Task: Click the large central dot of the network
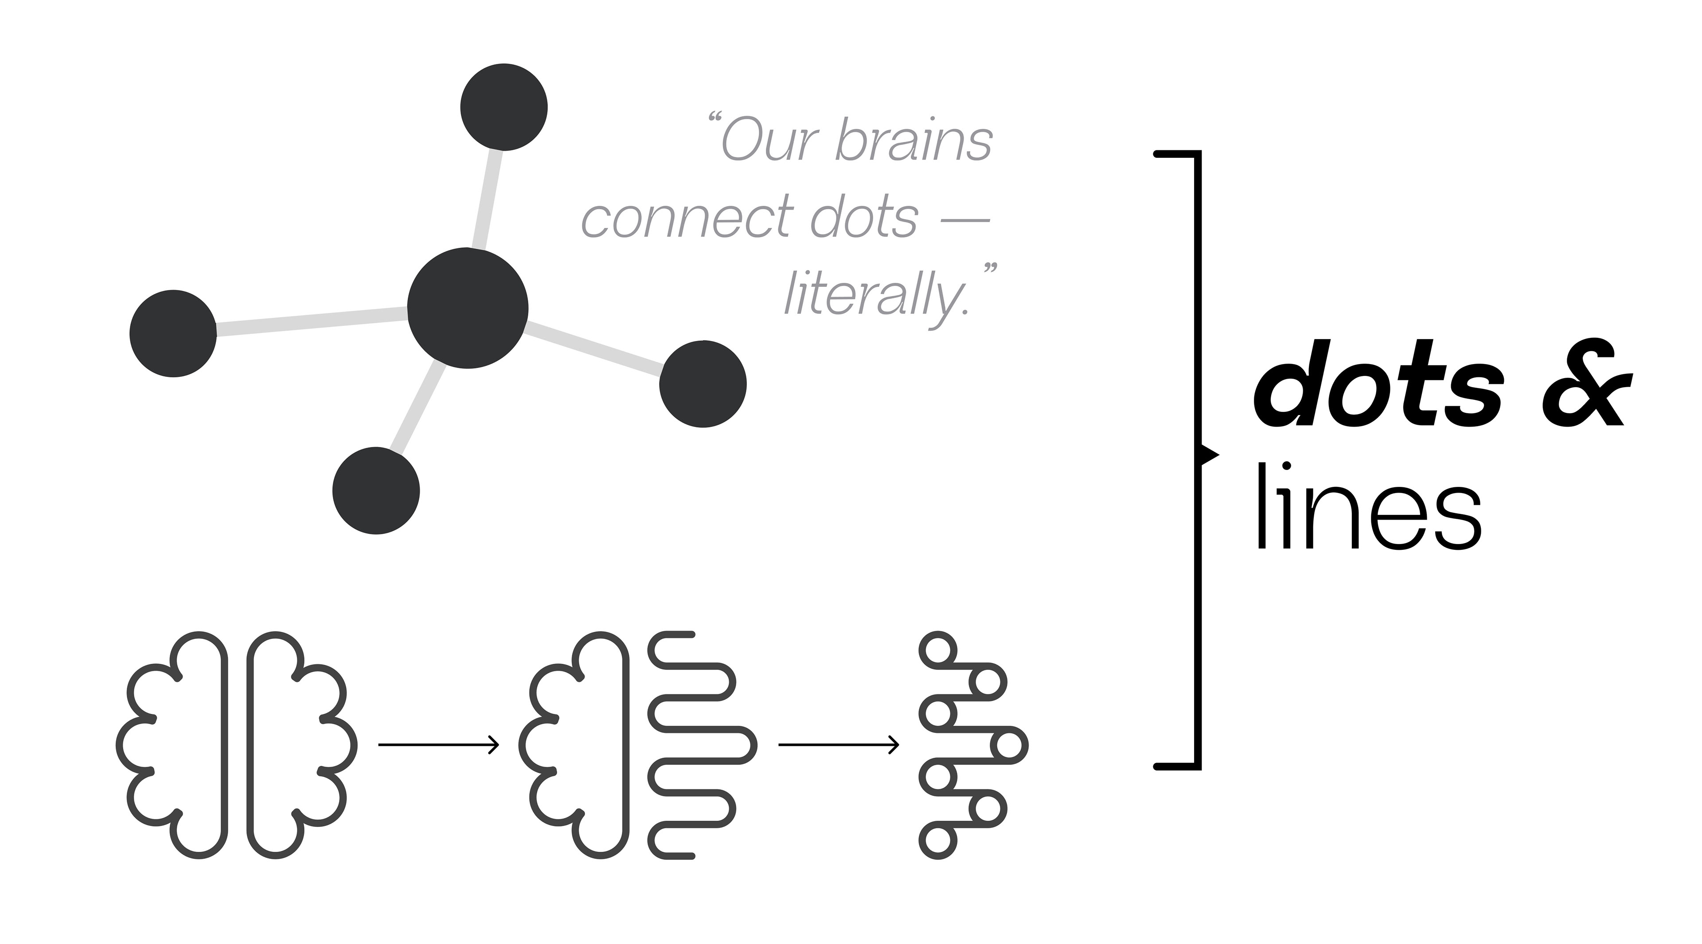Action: tap(468, 308)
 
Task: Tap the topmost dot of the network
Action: tap(504, 107)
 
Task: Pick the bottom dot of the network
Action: tap(376, 490)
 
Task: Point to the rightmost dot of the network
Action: tap(703, 384)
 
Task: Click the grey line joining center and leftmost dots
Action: tap(311, 321)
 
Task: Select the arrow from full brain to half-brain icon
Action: tap(437, 744)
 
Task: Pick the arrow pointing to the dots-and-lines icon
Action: tap(838, 744)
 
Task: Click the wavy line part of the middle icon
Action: tap(700, 744)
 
